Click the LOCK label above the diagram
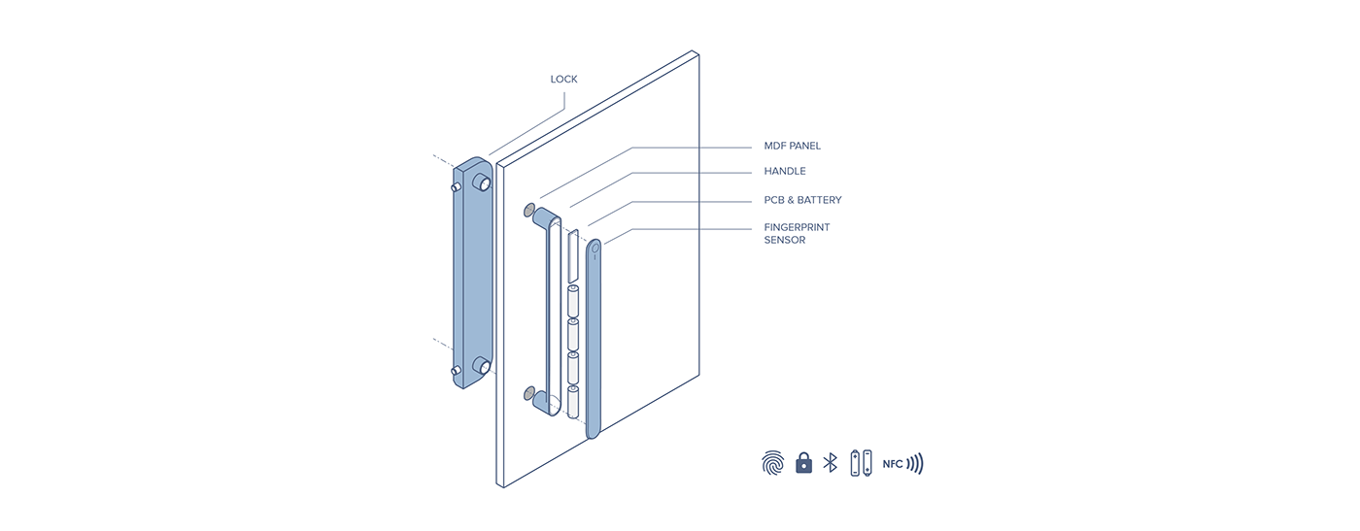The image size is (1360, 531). [x=563, y=80]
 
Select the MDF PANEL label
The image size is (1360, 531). [x=792, y=147]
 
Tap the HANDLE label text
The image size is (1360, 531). [x=785, y=172]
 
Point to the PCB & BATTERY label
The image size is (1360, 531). [x=802, y=200]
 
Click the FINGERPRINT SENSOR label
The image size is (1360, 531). [x=797, y=233]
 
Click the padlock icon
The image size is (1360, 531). [x=803, y=463]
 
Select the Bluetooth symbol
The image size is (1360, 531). [x=830, y=463]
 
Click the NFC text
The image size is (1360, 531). [x=893, y=464]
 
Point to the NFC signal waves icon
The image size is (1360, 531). [x=915, y=464]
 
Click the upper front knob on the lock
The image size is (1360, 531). [x=483, y=182]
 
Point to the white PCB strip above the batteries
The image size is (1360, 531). [x=573, y=254]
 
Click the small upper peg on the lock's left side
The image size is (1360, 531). [x=456, y=184]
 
